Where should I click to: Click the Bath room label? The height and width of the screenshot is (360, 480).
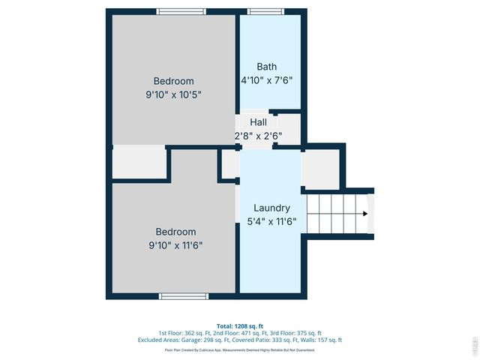click(x=266, y=67)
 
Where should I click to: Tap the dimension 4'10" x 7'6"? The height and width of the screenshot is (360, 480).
click(x=266, y=80)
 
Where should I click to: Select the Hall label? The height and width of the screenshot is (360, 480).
click(x=258, y=121)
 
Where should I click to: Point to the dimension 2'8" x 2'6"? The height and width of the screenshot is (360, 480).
click(x=258, y=136)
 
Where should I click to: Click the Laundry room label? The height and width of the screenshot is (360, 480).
click(x=271, y=208)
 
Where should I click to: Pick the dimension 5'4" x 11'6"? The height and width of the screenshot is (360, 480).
click(x=271, y=221)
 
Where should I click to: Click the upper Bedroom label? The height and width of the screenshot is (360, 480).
click(x=174, y=81)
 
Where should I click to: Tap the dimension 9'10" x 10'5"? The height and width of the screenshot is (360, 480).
click(x=174, y=94)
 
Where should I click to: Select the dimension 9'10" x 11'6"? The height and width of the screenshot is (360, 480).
click(x=175, y=245)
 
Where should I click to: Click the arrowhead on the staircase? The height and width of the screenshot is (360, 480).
click(x=364, y=214)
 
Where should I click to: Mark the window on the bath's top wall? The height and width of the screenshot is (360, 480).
click(x=261, y=11)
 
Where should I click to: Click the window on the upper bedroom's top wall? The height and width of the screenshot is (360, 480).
click(x=181, y=11)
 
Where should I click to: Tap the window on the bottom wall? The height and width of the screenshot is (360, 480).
click(x=183, y=296)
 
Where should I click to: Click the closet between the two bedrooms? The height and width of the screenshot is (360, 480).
click(x=139, y=163)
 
